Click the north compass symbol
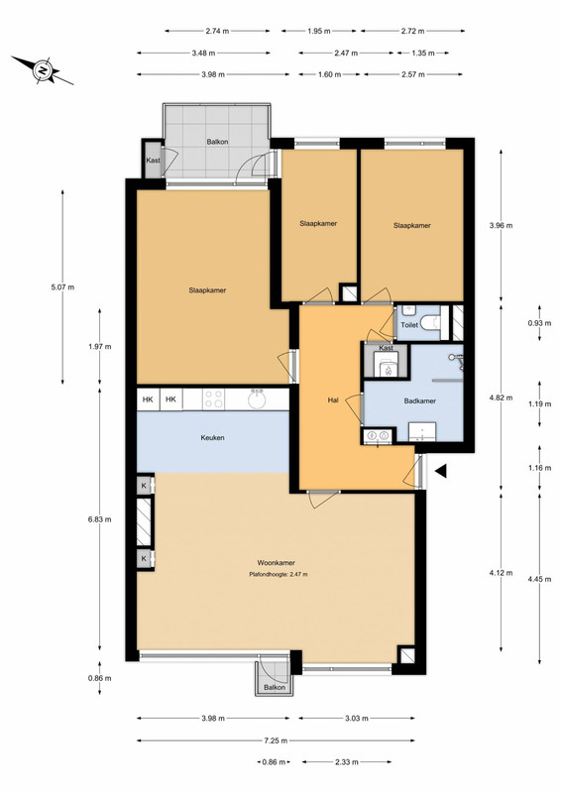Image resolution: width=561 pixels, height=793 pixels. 43,70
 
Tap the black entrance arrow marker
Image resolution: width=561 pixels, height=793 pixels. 441,471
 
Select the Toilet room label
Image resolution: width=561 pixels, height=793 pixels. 409,325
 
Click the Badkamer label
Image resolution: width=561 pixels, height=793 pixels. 420,401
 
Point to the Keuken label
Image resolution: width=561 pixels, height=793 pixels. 212,437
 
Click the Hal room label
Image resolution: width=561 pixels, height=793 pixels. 333,400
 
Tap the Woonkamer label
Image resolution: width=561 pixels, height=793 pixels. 277,562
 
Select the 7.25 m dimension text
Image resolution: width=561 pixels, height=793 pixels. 276,740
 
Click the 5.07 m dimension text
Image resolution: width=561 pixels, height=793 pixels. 62,287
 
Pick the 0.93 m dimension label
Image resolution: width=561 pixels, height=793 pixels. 539,323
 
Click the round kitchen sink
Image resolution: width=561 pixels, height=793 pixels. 258,399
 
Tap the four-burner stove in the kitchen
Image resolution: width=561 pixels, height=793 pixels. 213,399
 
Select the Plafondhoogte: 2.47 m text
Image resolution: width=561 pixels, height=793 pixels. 279,575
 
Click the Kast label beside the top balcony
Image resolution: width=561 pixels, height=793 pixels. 153,161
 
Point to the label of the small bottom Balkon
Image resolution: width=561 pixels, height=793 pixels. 275,687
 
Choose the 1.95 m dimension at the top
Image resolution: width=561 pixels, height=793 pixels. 319,31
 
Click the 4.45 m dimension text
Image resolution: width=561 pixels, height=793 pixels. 539,579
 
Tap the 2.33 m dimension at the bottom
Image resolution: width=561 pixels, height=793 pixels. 347,762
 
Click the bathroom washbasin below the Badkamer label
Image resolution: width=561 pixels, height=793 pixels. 421,431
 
